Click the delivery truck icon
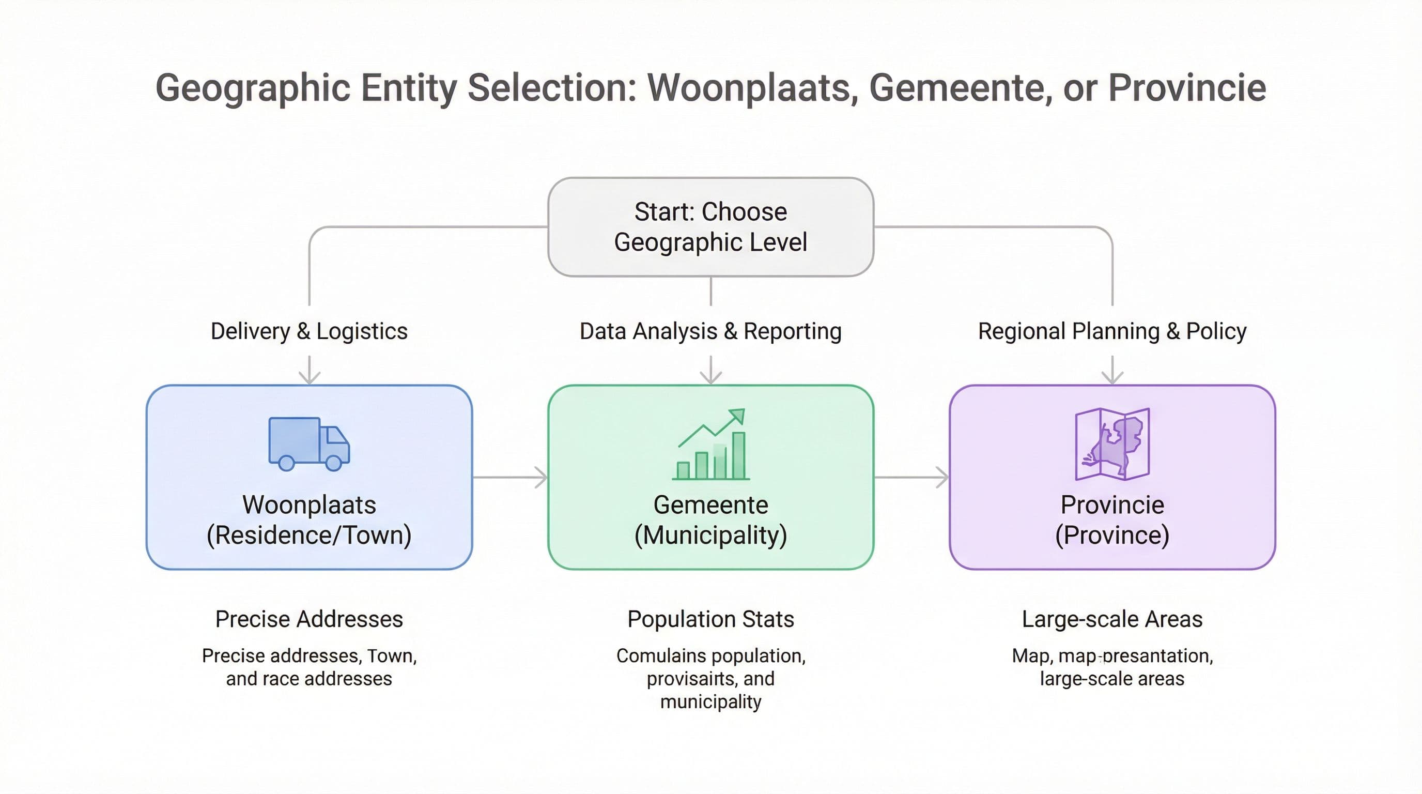[x=308, y=444]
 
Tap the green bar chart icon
[x=711, y=445]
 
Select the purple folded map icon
[x=1112, y=444]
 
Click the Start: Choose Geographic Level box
[x=710, y=227]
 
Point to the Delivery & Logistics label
[x=309, y=331]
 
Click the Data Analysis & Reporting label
[x=710, y=331]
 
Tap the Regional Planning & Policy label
[x=1112, y=331]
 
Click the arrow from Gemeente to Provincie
[x=911, y=477]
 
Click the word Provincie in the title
[x=1187, y=88]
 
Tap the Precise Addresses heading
[x=309, y=619]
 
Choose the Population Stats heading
[x=710, y=619]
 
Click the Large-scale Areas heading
[x=1112, y=619]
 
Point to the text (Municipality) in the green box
[x=710, y=535]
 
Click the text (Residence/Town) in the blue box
[x=309, y=535]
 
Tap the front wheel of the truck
[x=333, y=463]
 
